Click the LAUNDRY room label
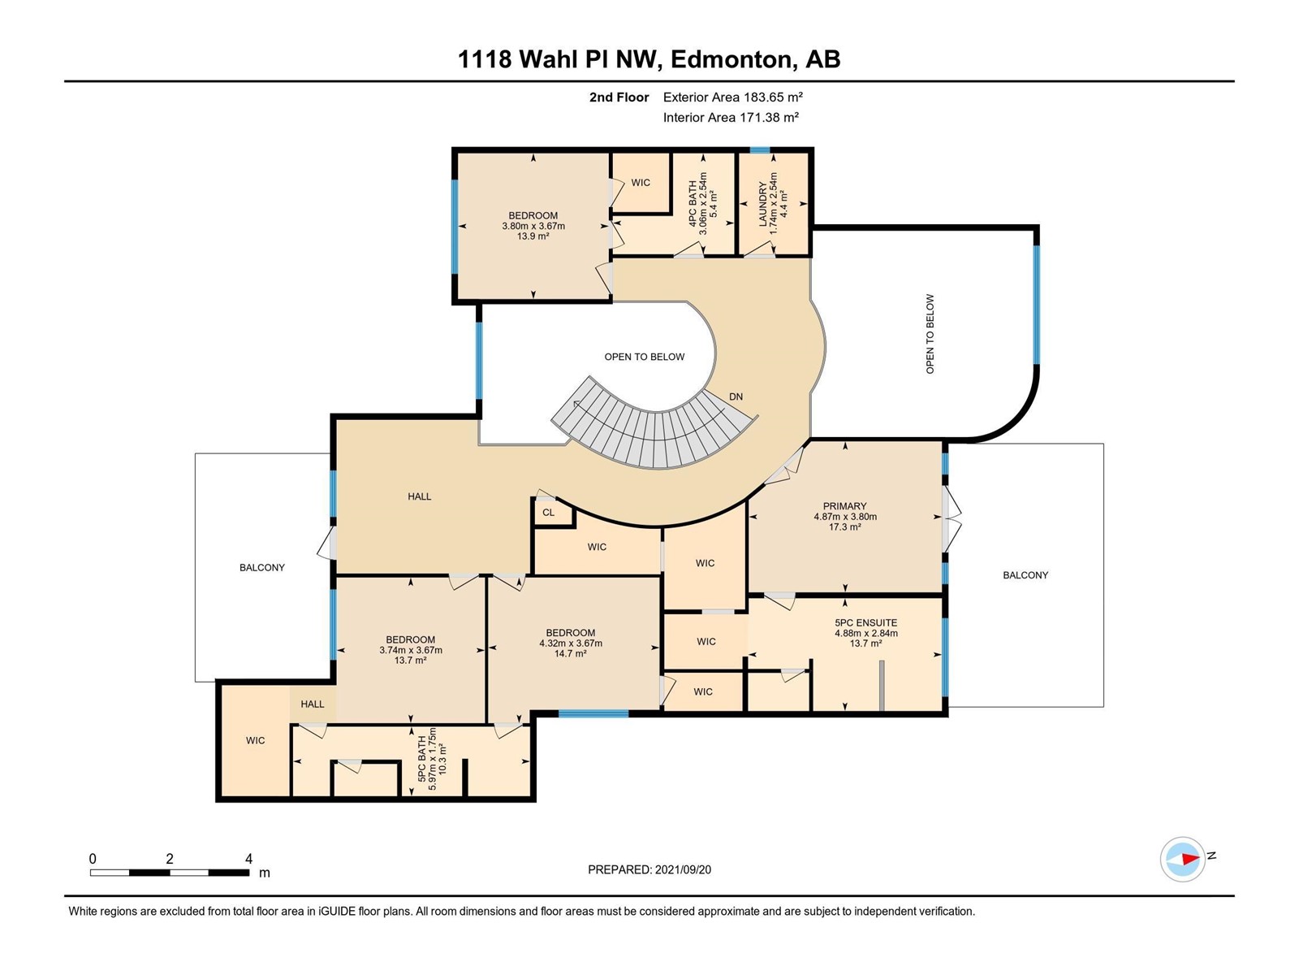tap(763, 204)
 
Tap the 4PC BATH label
tap(693, 204)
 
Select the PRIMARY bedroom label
tap(844, 506)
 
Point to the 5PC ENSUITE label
tap(865, 622)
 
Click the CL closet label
tap(549, 513)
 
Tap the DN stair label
tap(736, 396)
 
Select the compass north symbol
tap(1183, 859)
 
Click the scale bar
tap(170, 873)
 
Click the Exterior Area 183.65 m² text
tap(732, 97)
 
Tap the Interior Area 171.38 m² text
tap(731, 117)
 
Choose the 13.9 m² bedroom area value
tap(533, 236)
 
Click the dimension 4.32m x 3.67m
tap(571, 643)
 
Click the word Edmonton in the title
tap(731, 60)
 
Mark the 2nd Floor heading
tap(619, 97)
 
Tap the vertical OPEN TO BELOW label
tap(930, 334)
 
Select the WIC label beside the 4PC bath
tap(641, 183)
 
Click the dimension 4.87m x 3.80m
tap(845, 516)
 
